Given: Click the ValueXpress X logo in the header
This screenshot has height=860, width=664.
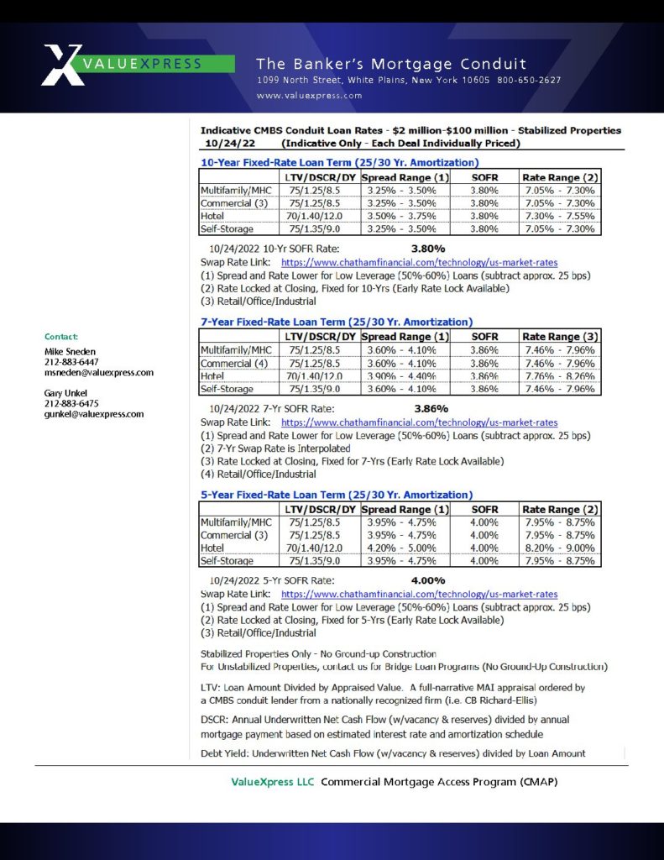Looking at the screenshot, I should click(62, 64).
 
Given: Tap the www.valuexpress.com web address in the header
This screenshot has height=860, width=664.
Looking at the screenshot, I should click(309, 96).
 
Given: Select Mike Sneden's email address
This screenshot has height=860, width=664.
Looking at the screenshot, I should click(99, 373).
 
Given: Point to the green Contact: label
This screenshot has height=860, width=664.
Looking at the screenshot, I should click(61, 337).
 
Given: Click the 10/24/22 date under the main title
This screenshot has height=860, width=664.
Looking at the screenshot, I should click(222, 144).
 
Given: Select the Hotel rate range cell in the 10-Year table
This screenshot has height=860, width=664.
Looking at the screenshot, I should click(559, 216).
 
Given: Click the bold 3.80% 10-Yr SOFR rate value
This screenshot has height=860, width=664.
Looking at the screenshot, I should click(428, 249).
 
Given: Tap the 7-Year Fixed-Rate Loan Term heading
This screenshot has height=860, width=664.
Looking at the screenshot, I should click(336, 322).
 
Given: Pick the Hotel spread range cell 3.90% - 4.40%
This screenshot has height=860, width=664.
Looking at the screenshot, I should click(405, 376).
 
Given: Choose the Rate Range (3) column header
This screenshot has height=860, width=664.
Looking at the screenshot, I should click(559, 336).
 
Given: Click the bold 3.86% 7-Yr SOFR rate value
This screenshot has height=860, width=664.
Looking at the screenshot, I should click(431, 409).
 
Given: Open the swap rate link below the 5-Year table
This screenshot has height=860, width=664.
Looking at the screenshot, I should click(419, 594).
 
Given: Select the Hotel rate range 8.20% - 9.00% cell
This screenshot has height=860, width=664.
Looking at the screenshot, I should click(559, 548).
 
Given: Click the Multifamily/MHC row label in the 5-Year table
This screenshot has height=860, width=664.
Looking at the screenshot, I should click(237, 522).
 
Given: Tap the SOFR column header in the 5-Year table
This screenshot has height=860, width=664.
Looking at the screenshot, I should click(484, 509).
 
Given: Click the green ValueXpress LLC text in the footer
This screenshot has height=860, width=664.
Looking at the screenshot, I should click(273, 782).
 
